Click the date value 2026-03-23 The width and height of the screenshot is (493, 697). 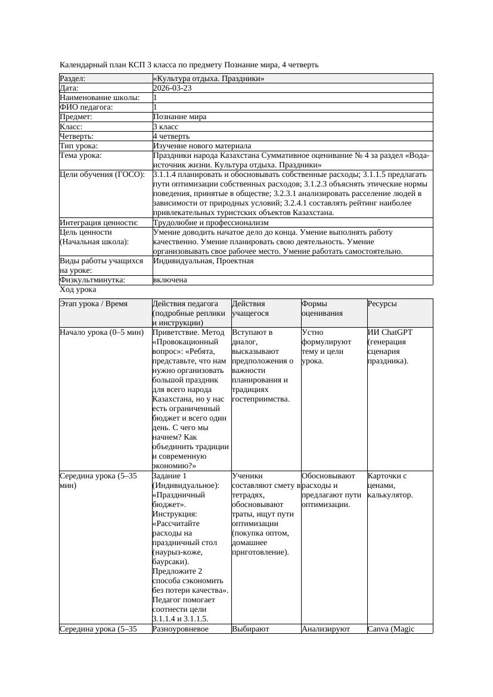click(x=172, y=88)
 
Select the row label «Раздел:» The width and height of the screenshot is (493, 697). click(x=73, y=78)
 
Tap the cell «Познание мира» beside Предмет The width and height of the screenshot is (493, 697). click(x=179, y=117)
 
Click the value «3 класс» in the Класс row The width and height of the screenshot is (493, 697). click(x=166, y=126)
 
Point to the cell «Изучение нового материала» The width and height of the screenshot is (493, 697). click(x=202, y=145)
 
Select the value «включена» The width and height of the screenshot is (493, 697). click(x=170, y=279)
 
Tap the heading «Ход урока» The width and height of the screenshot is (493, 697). click(x=78, y=290)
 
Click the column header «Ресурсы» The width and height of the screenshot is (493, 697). click(x=382, y=304)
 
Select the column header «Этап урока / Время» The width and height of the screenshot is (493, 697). click(x=94, y=304)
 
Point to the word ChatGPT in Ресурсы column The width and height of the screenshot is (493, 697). click(x=397, y=332)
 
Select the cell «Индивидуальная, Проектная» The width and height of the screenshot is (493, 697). click(x=203, y=261)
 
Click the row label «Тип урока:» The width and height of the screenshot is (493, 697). click(x=79, y=145)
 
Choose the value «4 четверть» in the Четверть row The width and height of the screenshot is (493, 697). click(x=171, y=136)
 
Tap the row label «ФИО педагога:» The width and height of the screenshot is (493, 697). click(x=86, y=107)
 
